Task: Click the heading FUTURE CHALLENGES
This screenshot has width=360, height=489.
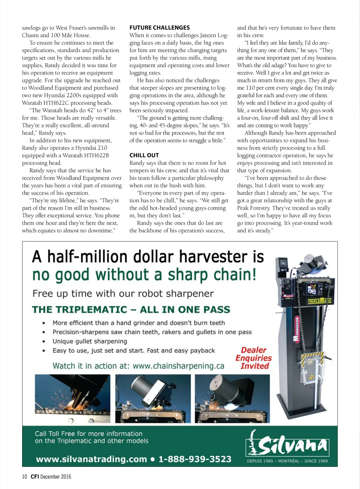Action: pyautogui.click(x=160, y=27)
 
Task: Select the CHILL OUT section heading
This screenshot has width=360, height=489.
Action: pyautogui.click(x=144, y=155)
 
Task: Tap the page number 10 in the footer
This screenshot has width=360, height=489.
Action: pyautogui.click(x=24, y=476)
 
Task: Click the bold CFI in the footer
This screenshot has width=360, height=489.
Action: pyautogui.click(x=35, y=476)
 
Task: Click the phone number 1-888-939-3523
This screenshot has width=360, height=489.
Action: pyautogui.click(x=195, y=459)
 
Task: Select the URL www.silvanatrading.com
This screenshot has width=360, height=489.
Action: pyautogui.click(x=91, y=459)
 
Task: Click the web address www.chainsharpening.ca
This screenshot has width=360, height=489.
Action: pyautogui.click(x=178, y=366)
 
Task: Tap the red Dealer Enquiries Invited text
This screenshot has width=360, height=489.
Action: pyautogui.click(x=253, y=358)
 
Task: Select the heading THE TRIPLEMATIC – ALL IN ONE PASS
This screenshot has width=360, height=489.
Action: pyautogui.click(x=131, y=310)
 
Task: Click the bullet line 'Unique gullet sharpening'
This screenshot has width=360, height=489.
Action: pyautogui.click(x=90, y=341)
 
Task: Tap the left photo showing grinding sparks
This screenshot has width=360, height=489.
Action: pyautogui.click(x=72, y=398)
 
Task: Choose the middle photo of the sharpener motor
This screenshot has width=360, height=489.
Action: pyautogui.click(x=153, y=398)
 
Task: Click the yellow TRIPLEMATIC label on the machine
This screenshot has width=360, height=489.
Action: pyautogui.click(x=319, y=301)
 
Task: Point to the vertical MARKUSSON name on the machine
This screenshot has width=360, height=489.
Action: pyautogui.click(x=296, y=329)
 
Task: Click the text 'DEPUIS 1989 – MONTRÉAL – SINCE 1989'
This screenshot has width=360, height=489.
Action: pyautogui.click(x=287, y=461)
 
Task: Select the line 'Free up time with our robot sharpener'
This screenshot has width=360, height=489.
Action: pyautogui.click(x=123, y=294)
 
